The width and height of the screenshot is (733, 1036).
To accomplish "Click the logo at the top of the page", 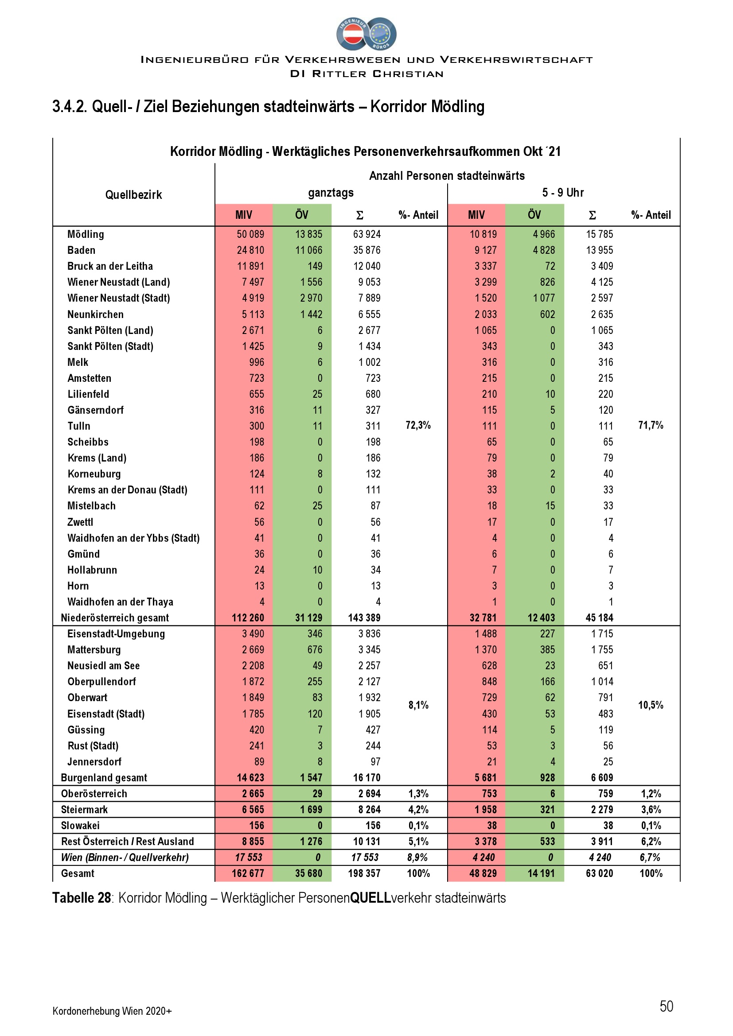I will [366, 34].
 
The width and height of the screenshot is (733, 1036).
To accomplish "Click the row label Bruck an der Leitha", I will [110, 266].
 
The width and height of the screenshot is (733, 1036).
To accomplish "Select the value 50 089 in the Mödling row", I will [250, 234].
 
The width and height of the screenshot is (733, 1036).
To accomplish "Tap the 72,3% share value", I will [418, 425].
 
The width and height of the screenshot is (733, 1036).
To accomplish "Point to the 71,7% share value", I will [651, 425].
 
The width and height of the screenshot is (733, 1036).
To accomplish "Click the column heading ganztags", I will [331, 193].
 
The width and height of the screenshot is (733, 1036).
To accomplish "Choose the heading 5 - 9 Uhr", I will [563, 193].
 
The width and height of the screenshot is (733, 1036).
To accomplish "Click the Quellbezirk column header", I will [133, 195].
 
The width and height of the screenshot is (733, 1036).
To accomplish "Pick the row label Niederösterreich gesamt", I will [115, 618].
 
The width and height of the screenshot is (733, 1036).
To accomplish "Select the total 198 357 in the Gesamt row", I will [364, 873].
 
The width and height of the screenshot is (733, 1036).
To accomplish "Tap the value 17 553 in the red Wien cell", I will [249, 858].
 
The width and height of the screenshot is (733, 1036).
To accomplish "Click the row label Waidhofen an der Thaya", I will [120, 602].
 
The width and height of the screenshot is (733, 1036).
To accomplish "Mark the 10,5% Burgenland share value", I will [651, 705].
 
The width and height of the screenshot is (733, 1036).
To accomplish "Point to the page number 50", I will [666, 1006].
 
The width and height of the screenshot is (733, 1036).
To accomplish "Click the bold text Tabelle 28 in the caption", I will [82, 898].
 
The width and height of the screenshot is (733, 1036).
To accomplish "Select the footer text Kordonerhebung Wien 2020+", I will [112, 1011].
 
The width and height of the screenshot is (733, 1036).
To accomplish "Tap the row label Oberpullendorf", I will [101, 682].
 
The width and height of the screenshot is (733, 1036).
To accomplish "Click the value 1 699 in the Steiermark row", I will [311, 810].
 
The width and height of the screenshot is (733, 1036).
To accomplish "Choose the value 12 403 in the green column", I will [541, 618].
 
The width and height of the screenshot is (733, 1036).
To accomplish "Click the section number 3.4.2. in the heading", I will [70, 107].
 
